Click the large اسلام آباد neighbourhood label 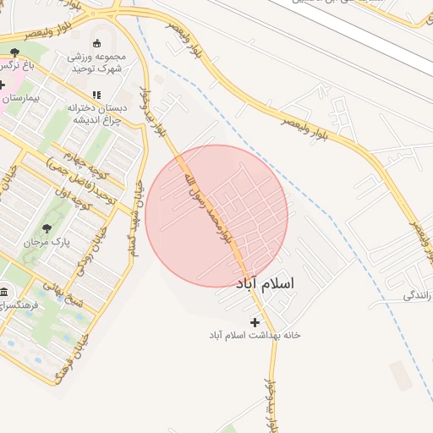pyautogui.click(x=266, y=283)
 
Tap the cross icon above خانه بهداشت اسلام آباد pyautogui.click(x=255, y=322)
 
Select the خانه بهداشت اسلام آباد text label pyautogui.click(x=255, y=336)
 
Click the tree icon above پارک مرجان pyautogui.click(x=46, y=227)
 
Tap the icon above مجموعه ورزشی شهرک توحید pyautogui.click(x=96, y=44)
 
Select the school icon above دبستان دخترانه pyautogui.click(x=96, y=95)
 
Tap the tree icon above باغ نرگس pyautogui.click(x=14, y=52)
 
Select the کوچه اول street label pyautogui.click(x=72, y=205)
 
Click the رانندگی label pyautogui.click(x=418, y=296)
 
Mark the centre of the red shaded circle pyautogui.click(x=216, y=216)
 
